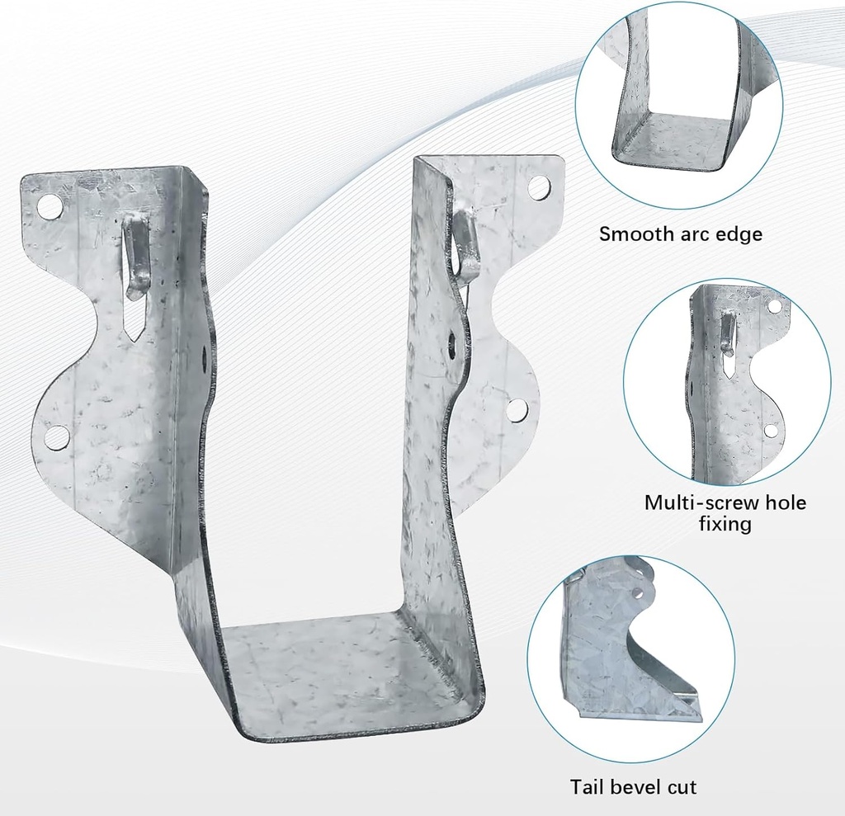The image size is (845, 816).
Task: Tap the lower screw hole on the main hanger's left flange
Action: pyautogui.click(x=56, y=436)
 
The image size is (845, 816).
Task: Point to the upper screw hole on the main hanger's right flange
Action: pyautogui.click(x=539, y=187)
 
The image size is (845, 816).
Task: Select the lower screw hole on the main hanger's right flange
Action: pyautogui.click(x=517, y=410)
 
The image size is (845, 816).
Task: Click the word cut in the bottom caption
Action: pyautogui.click(x=682, y=786)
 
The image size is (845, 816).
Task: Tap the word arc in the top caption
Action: pyautogui.click(x=692, y=233)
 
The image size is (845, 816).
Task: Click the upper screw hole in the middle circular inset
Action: pyautogui.click(x=774, y=306)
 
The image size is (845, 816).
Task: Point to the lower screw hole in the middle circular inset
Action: pyautogui.click(x=771, y=430)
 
